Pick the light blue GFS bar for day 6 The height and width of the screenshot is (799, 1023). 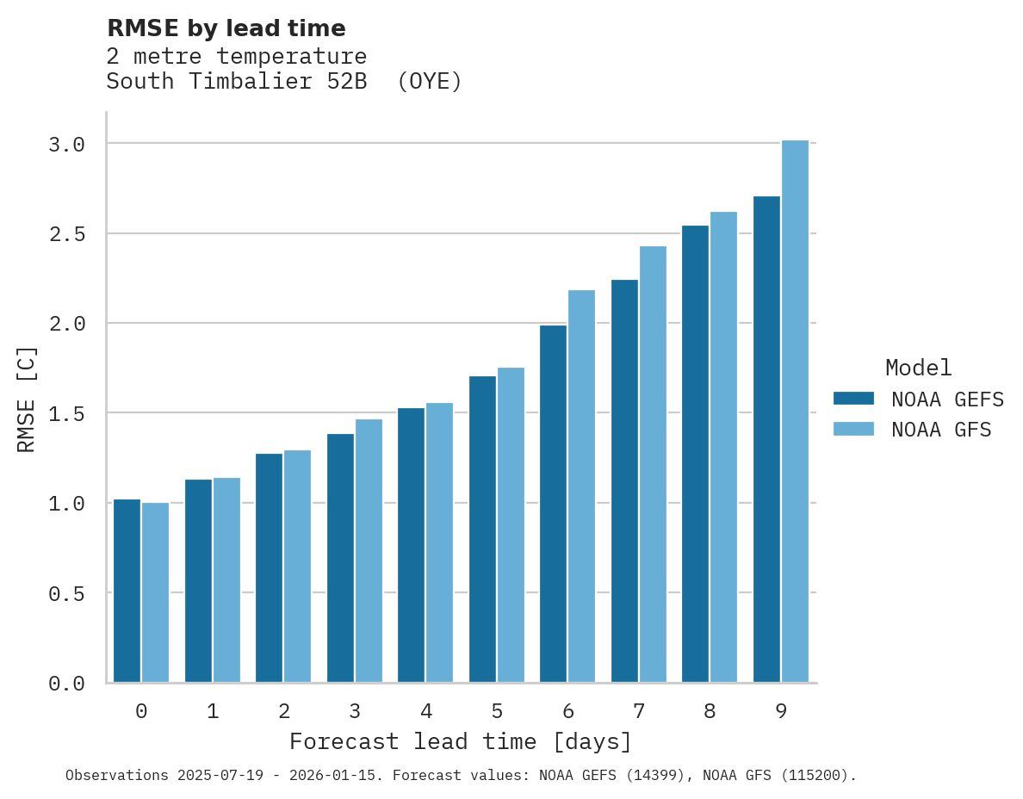pyautogui.click(x=581, y=486)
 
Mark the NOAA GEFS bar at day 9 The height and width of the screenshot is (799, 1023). pyautogui.click(x=766, y=439)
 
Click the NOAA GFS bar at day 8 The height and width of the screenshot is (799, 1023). pyautogui.click(x=723, y=447)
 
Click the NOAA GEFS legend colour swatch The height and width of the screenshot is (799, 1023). pyautogui.click(x=853, y=399)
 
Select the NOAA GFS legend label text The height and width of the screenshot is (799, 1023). pyautogui.click(x=941, y=430)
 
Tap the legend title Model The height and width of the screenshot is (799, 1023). pyautogui.click(x=918, y=368)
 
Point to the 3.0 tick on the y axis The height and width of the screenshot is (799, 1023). pyautogui.click(x=66, y=144)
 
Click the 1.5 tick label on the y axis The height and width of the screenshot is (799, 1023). pyautogui.click(x=66, y=414)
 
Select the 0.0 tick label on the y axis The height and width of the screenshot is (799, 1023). pyautogui.click(x=66, y=684)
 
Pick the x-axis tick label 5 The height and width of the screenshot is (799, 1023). pyautogui.click(x=497, y=711)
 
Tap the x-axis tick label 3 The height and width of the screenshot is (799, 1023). pyautogui.click(x=355, y=711)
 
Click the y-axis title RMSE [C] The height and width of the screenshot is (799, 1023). pyautogui.click(x=27, y=399)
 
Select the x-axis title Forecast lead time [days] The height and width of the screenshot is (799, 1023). pyautogui.click(x=461, y=741)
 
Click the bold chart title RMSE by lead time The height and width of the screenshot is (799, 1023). pyautogui.click(x=226, y=28)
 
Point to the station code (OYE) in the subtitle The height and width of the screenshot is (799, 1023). pyautogui.click(x=430, y=82)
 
